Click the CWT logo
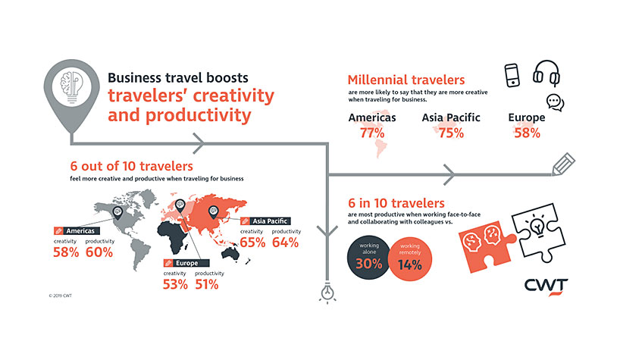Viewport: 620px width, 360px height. click(546, 286)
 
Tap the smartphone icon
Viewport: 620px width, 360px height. click(512, 75)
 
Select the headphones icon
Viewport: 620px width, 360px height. click(546, 73)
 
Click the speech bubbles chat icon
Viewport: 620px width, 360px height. click(555, 102)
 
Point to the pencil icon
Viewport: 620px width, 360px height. click(563, 164)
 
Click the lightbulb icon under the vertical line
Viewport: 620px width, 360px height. click(327, 293)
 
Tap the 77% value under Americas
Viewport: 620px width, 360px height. click(372, 133)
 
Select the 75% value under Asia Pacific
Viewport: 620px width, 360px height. click(451, 133)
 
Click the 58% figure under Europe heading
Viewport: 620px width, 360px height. click(527, 133)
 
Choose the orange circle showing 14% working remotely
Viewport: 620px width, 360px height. click(410, 259)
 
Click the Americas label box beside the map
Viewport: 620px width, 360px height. click(77, 231)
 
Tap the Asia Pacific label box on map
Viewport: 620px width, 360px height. click(266, 221)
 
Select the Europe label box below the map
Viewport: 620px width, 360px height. click(186, 263)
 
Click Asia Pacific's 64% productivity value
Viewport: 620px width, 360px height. click(285, 243)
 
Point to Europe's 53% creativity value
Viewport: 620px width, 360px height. click(175, 284)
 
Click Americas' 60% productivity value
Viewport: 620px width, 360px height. click(99, 252)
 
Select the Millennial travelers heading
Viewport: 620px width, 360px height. click(406, 80)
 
